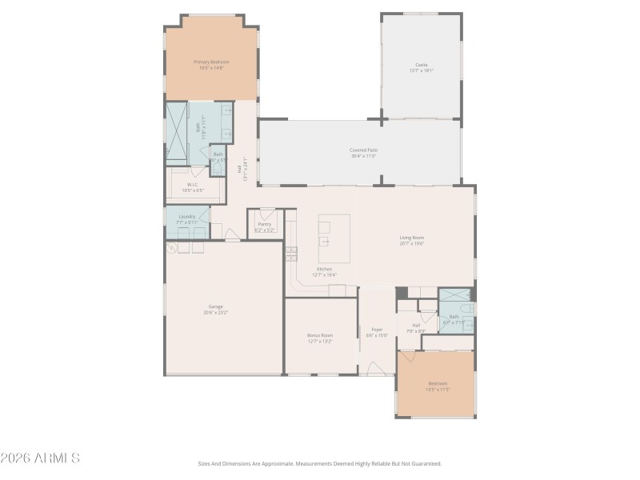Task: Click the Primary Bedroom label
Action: pyautogui.click(x=211, y=62)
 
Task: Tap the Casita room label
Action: pyautogui.click(x=421, y=65)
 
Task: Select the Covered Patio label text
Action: pyautogui.click(x=363, y=150)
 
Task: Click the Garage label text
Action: pyautogui.click(x=215, y=306)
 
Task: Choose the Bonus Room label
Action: pyautogui.click(x=320, y=336)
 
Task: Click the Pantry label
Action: pyautogui.click(x=264, y=225)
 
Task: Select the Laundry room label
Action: pyautogui.click(x=187, y=217)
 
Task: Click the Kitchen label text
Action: pyautogui.click(x=324, y=270)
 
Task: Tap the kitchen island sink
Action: pyautogui.click(x=324, y=240)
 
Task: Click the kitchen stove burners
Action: pyautogui.click(x=291, y=254)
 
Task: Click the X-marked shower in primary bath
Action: pyautogui.click(x=176, y=132)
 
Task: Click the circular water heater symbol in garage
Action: pyautogui.click(x=171, y=247)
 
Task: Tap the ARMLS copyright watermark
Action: pyautogui.click(x=40, y=458)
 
